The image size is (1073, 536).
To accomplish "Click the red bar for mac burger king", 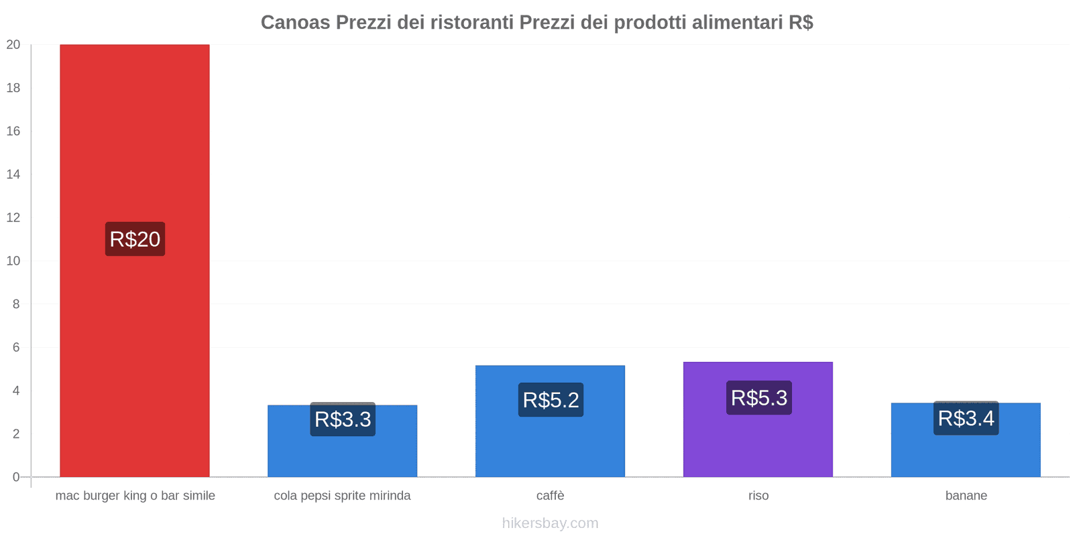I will pyautogui.click(x=134, y=134).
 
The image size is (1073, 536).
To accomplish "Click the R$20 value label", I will pyautogui.click(x=135, y=239).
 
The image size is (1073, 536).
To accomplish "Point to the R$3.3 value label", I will pyautogui.click(x=343, y=419).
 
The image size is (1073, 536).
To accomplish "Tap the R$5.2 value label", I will pyautogui.click(x=551, y=400).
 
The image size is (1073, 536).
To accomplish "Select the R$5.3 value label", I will pyautogui.click(x=758, y=398).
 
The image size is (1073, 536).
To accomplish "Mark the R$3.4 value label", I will pyautogui.click(x=966, y=418).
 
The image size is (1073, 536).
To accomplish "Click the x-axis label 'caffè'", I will pyautogui.click(x=550, y=496).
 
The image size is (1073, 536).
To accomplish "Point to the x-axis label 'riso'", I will pyautogui.click(x=758, y=496).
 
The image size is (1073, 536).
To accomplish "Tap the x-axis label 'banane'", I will pyautogui.click(x=966, y=496).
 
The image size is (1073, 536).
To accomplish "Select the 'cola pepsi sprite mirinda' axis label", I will pyautogui.click(x=342, y=496).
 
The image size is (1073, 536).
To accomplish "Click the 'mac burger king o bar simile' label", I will pyautogui.click(x=135, y=496).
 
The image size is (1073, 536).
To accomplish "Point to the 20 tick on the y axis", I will pyautogui.click(x=13, y=45).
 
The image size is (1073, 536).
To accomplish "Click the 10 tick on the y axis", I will pyautogui.click(x=13, y=261).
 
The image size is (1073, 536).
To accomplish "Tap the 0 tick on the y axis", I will pyautogui.click(x=16, y=477).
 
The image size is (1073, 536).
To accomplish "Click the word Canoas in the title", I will pyautogui.click(x=295, y=23).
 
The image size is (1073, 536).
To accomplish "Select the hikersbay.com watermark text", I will pyautogui.click(x=550, y=523).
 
